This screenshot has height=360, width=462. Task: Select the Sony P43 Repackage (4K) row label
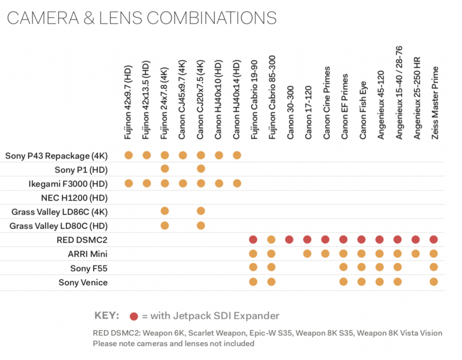tap(56, 156)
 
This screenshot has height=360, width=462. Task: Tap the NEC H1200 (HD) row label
tap(74, 198)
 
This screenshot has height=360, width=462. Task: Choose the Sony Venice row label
tap(83, 282)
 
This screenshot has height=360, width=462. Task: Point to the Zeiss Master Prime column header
tap(434, 103)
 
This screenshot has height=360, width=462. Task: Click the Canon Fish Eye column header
tap(362, 110)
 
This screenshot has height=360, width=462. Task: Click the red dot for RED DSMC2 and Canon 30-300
tap(290, 240)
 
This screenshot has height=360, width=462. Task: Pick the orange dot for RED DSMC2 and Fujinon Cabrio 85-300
tap(271, 240)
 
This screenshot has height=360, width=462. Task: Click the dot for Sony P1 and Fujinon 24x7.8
tap(165, 169)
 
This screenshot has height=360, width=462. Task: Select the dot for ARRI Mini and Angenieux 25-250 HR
tap(416, 254)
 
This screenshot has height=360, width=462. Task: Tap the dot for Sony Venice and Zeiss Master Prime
tap(434, 282)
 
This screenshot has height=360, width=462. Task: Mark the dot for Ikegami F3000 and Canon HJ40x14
tap(237, 183)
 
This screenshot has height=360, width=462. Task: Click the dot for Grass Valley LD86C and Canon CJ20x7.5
tap(201, 211)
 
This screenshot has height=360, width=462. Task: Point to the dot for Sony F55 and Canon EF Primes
tap(344, 268)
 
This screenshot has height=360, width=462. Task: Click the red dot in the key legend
tap(134, 316)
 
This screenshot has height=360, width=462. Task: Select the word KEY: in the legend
tap(107, 315)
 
